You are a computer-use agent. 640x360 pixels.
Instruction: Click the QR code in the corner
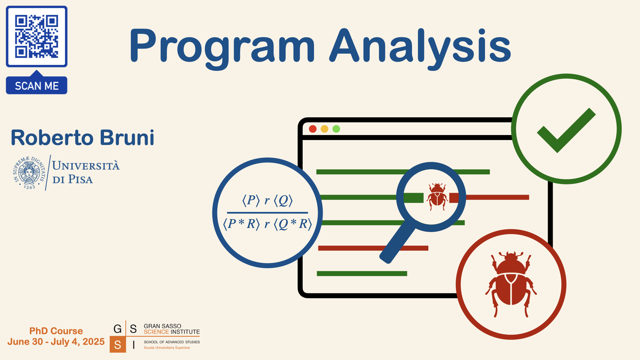coord(37,36)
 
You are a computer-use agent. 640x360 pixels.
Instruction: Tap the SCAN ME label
coord(37,86)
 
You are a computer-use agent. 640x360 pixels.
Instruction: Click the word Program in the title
coord(222,47)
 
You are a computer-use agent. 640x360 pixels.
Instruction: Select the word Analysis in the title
coord(420,47)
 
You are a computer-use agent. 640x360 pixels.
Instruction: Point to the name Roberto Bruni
coord(83,137)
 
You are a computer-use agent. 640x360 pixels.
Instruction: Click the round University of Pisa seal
coord(29,173)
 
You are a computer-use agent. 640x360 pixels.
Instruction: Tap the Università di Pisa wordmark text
coord(86,172)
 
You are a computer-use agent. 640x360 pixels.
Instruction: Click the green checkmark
coord(566,130)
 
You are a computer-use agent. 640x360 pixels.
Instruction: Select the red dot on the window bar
coord(313,129)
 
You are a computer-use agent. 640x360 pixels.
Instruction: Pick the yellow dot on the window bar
coord(324,129)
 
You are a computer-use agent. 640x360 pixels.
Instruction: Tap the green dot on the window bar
coord(336,129)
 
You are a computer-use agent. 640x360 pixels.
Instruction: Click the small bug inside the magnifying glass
coord(437,197)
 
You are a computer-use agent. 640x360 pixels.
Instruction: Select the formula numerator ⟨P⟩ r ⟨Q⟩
coord(267,200)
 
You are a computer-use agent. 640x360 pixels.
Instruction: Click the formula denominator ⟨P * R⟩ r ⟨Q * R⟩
coord(267,224)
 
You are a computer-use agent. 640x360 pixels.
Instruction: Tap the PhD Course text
coord(56,331)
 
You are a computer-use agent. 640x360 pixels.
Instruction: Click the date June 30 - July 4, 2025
coord(56,342)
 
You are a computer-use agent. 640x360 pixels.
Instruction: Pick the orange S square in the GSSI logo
coord(118,345)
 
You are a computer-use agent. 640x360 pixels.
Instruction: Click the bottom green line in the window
coord(362,274)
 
